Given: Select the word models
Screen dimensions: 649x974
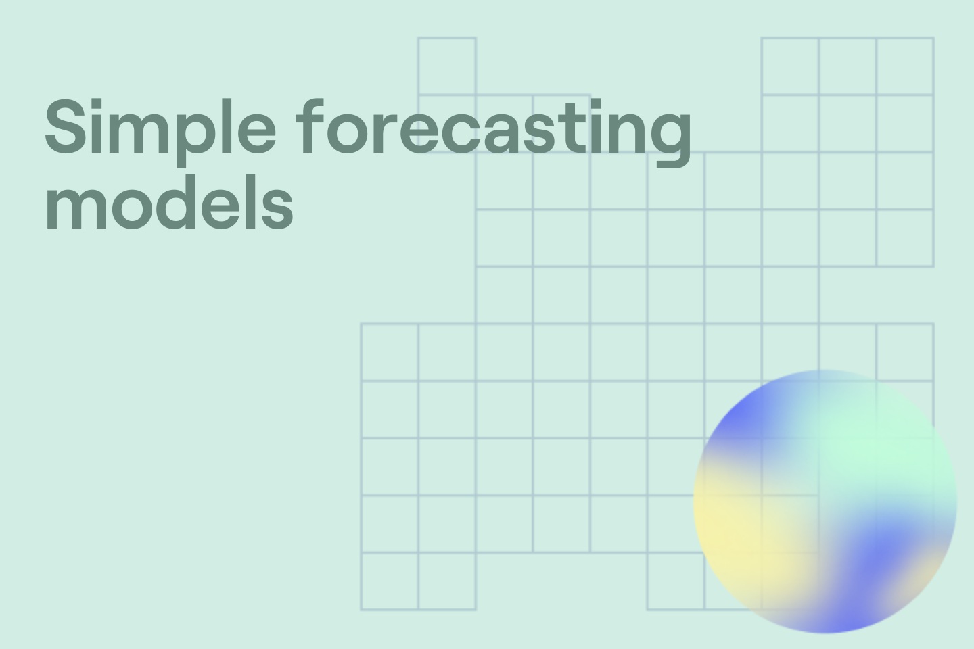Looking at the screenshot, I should [169, 203].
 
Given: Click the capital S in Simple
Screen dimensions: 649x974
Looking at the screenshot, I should [64, 126].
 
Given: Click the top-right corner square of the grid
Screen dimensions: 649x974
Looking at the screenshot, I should [905, 66].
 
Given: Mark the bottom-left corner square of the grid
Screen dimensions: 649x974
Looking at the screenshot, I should [389, 581].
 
